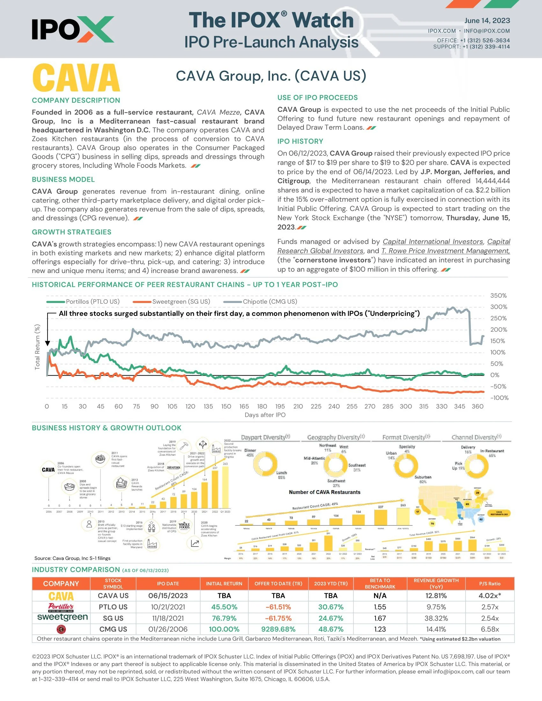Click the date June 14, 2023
(x=487, y=20)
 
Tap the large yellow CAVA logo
(x=76, y=78)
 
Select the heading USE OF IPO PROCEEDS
(x=317, y=98)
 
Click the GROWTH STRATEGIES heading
(x=72, y=232)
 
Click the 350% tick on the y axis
(x=498, y=296)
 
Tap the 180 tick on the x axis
(x=262, y=406)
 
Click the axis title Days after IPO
(x=265, y=415)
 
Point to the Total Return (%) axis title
(x=37, y=347)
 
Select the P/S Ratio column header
(x=489, y=583)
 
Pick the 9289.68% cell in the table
(x=278, y=629)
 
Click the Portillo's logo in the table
(x=61, y=607)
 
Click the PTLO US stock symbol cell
(x=113, y=607)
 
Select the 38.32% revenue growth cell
(x=436, y=618)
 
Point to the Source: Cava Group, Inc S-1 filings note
(x=72, y=558)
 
